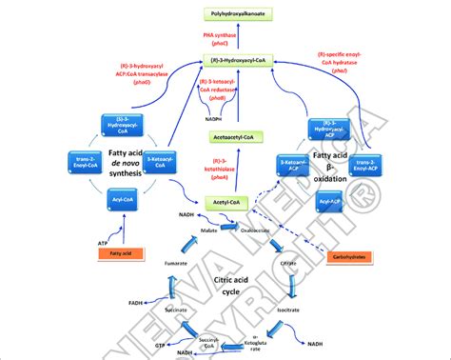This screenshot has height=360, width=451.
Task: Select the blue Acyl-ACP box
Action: [329, 203]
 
